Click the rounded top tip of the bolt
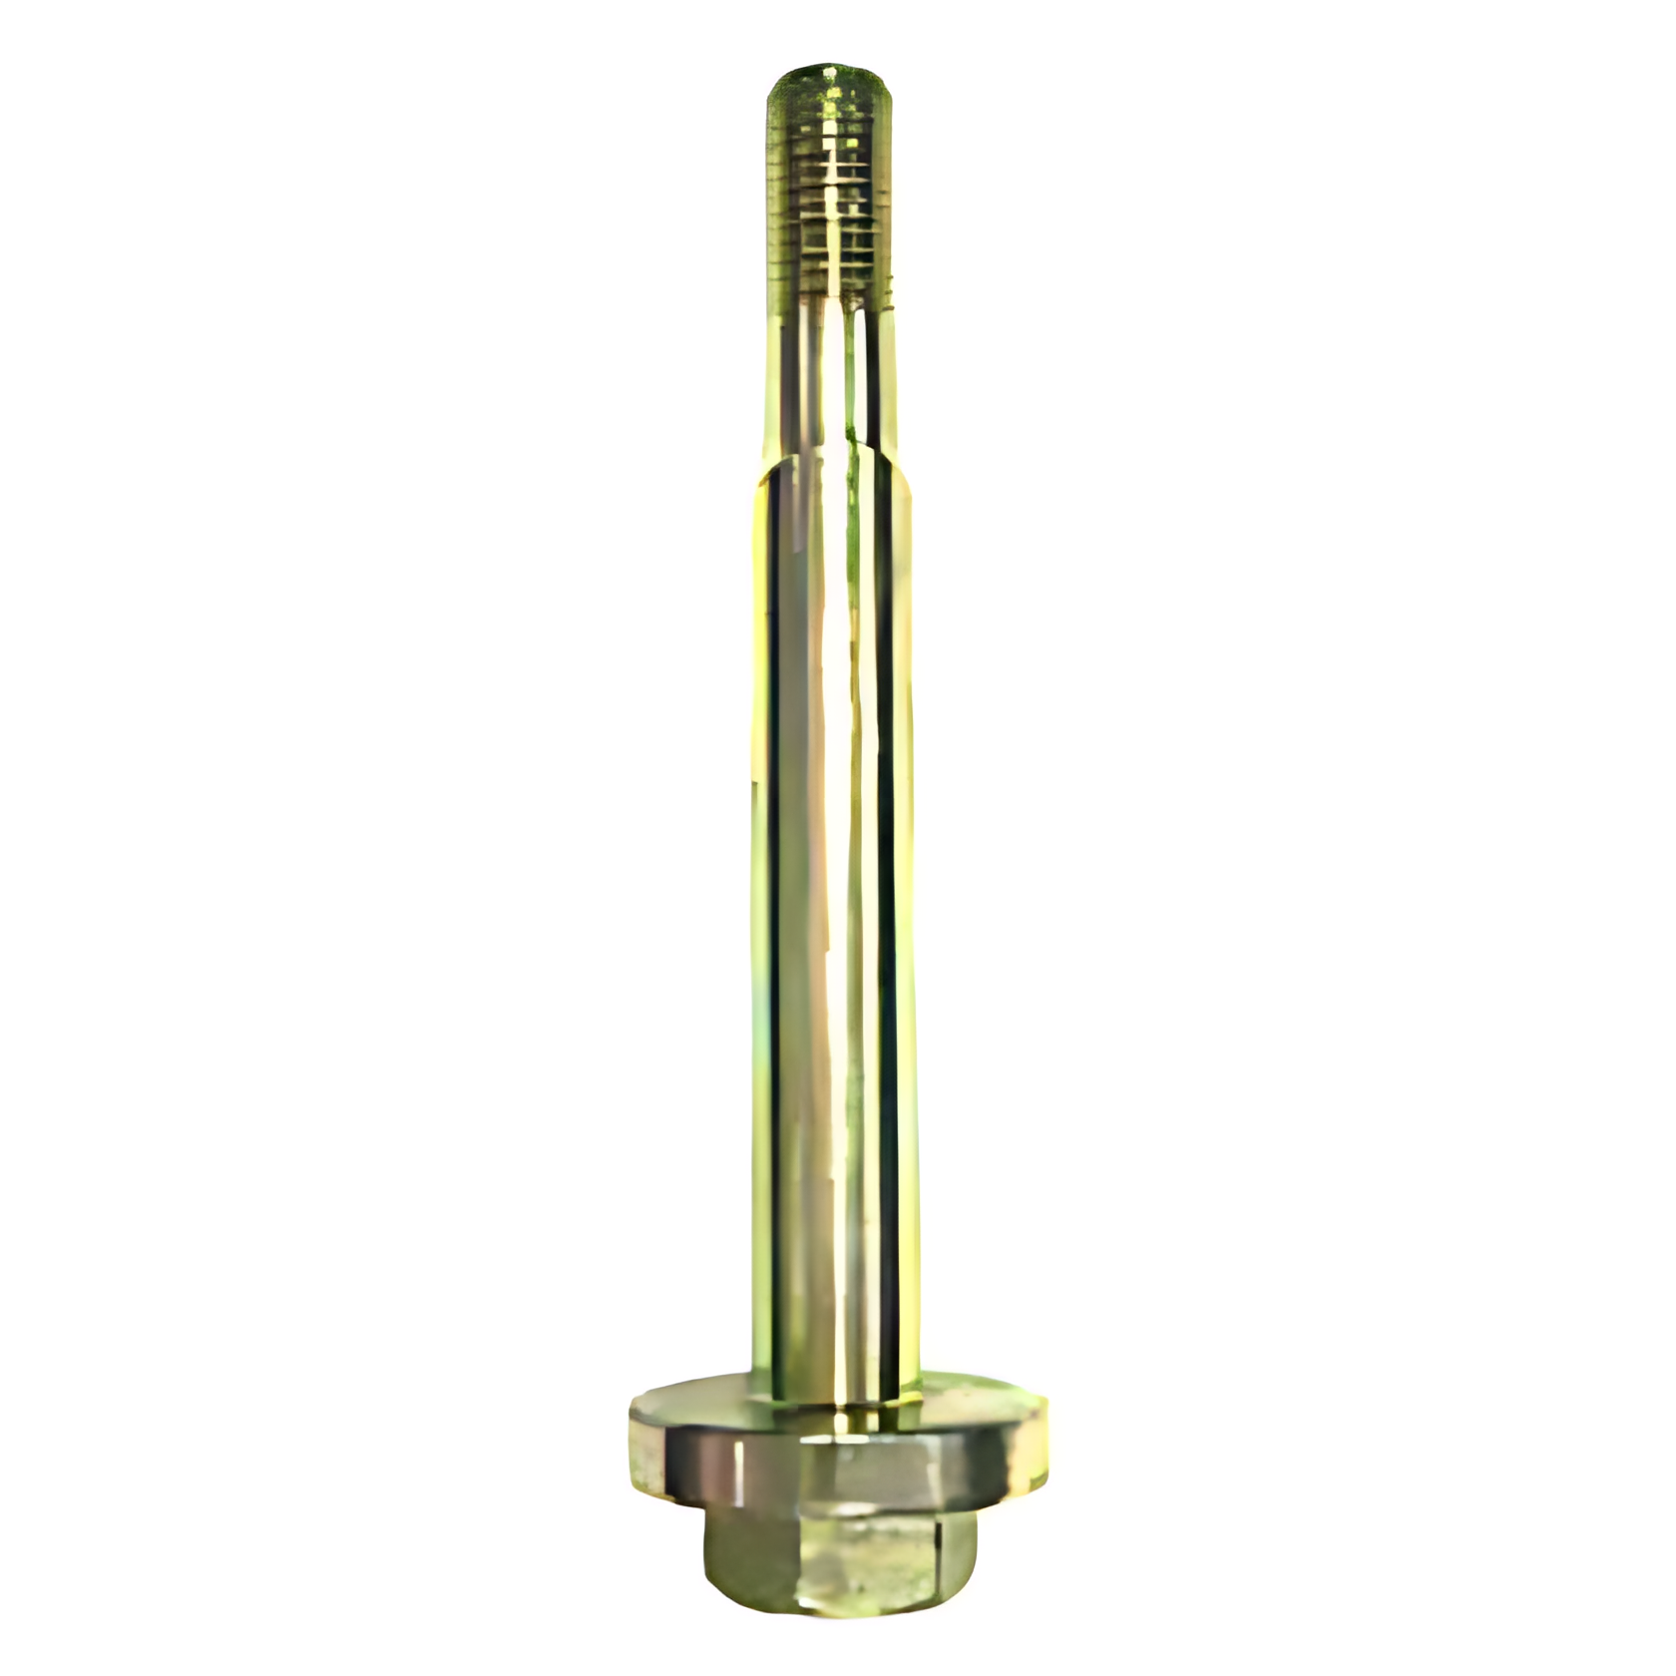coord(830,76)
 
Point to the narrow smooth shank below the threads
coord(830,379)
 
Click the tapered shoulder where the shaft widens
coord(832,465)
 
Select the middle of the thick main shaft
coord(832,898)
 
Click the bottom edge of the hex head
coord(838,1623)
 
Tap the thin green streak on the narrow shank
coord(850,399)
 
